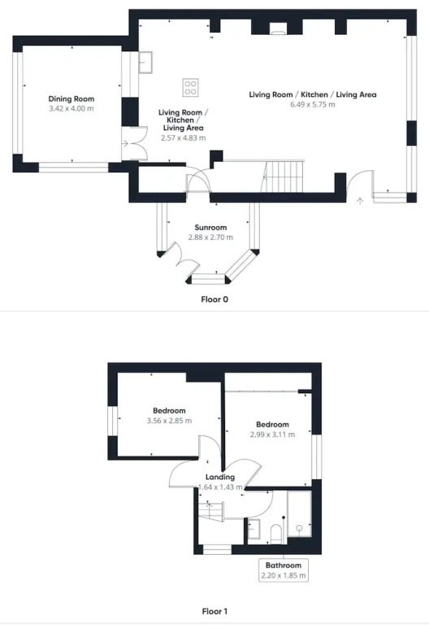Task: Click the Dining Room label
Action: tap(71, 98)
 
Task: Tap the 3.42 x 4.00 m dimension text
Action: tap(71, 108)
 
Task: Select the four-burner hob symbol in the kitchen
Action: tap(190, 88)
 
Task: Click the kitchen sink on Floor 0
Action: tap(145, 62)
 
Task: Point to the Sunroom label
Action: tap(210, 228)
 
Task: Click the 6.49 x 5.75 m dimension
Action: tap(312, 104)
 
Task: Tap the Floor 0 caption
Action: tap(214, 299)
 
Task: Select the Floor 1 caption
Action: tap(214, 611)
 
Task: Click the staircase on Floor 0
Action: tap(283, 176)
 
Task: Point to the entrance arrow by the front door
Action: tap(360, 201)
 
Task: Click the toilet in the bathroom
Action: tap(275, 534)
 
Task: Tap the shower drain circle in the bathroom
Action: tap(299, 528)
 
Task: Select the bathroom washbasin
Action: tap(253, 529)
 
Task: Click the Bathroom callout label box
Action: tap(284, 570)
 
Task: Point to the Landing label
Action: tap(220, 477)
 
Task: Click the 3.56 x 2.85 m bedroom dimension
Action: tap(169, 421)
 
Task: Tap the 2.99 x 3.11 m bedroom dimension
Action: tap(273, 435)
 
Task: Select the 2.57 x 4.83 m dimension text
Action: tap(183, 138)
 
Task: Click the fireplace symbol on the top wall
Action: tap(277, 28)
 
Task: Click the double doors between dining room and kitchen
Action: tap(136, 143)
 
